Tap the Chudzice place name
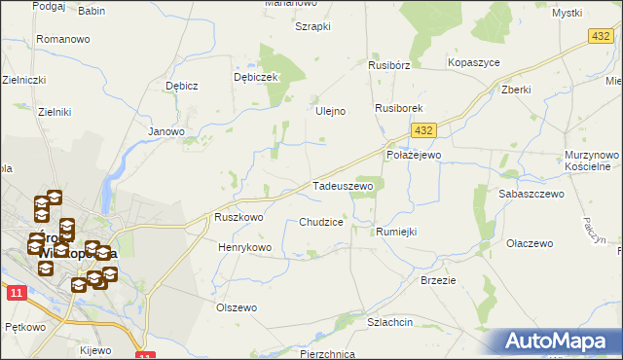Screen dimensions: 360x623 pos(321,223)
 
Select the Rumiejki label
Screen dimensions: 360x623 pos(396,232)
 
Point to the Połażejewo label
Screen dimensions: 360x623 pos(414,155)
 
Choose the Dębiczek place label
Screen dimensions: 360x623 pos(256,77)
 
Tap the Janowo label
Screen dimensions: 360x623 pos(165,130)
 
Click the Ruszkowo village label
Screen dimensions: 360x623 pos(238,218)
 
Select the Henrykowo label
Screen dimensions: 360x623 pos(244,248)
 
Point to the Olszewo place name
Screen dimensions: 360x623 pos(237,307)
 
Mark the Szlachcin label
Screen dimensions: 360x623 pos(390,321)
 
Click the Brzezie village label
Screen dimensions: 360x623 pos(438,279)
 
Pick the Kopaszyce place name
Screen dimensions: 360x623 pos(474,62)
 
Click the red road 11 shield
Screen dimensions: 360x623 pos(14,292)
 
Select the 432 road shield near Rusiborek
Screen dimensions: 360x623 pos(421,129)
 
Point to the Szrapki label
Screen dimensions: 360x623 pos(313,26)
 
